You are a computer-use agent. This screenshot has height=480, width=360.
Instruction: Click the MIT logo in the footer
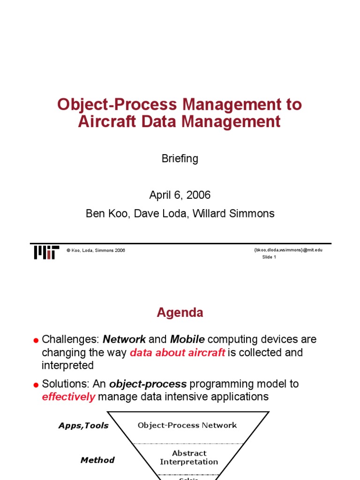click(x=46, y=252)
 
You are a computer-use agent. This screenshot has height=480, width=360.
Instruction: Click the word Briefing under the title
click(x=180, y=158)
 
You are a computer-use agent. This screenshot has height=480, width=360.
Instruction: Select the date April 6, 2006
click(x=180, y=195)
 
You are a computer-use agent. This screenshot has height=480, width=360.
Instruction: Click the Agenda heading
click(x=180, y=313)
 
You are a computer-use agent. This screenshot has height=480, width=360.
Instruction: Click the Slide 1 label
click(x=269, y=257)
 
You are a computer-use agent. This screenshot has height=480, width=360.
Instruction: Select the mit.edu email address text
click(x=288, y=250)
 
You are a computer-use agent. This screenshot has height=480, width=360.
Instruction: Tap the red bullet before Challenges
click(x=36, y=340)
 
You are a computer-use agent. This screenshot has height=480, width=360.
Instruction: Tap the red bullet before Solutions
click(x=36, y=385)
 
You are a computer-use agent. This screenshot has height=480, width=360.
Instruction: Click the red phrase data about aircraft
click(x=177, y=352)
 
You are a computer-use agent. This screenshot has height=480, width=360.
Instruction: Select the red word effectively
click(x=68, y=397)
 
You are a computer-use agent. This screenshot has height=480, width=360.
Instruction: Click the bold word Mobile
click(x=187, y=339)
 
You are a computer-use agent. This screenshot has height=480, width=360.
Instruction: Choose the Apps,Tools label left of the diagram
click(x=83, y=426)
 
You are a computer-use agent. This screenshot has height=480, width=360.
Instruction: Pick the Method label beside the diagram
click(x=97, y=460)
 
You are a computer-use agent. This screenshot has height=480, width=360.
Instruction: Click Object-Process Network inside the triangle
click(x=187, y=425)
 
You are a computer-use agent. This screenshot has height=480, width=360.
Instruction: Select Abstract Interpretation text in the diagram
click(x=189, y=457)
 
